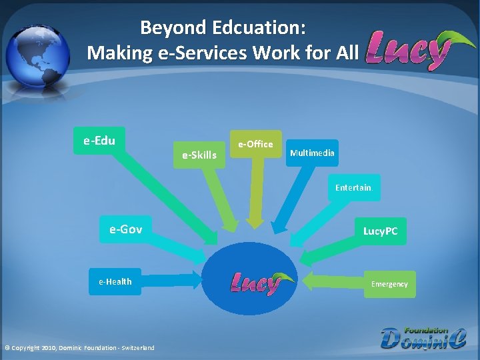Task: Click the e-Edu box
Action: (99, 141)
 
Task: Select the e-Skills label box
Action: (199, 155)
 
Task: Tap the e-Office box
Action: (256, 144)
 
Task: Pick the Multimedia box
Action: (312, 153)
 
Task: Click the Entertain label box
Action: (353, 188)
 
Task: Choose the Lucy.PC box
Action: (380, 231)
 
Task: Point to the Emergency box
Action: (389, 284)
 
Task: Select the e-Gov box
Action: (125, 230)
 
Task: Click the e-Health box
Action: (115, 282)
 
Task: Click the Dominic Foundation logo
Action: (423, 337)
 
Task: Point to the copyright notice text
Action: (79, 347)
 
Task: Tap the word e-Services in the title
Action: (204, 52)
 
